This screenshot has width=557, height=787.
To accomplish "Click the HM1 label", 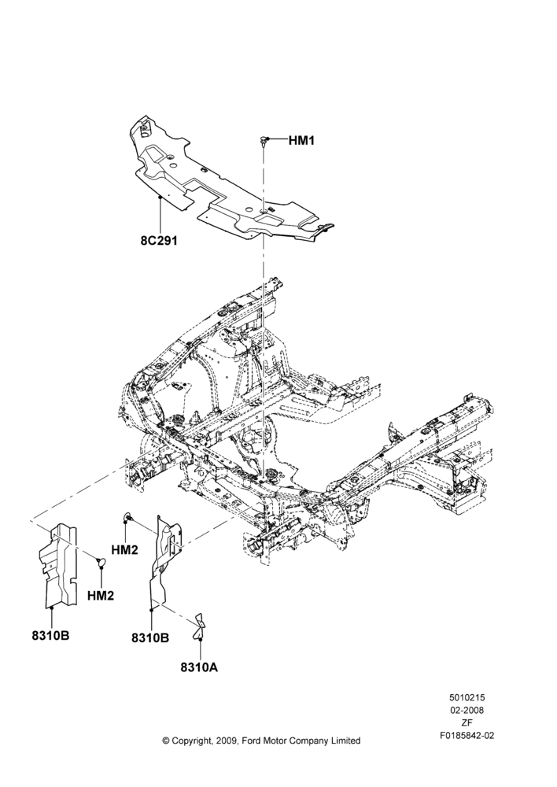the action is [x=301, y=141].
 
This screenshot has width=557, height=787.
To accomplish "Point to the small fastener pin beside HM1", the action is [x=263, y=141].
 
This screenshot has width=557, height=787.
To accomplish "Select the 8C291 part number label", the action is [x=159, y=240].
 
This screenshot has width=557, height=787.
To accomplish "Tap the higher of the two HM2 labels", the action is [x=124, y=550].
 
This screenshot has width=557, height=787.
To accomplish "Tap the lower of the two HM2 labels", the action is [x=101, y=595].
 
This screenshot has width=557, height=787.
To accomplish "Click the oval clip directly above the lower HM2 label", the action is [x=101, y=562].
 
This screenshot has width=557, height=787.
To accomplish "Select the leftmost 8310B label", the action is [x=50, y=635].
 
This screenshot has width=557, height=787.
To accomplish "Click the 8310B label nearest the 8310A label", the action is [x=150, y=637].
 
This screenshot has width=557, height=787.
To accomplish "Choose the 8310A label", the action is [x=199, y=667].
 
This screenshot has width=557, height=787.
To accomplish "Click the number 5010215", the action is [x=467, y=697].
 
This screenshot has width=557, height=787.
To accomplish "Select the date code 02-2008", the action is [x=467, y=710].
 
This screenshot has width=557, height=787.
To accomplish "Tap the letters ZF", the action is [x=467, y=722].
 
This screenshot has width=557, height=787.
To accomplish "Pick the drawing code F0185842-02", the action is [x=467, y=736].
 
